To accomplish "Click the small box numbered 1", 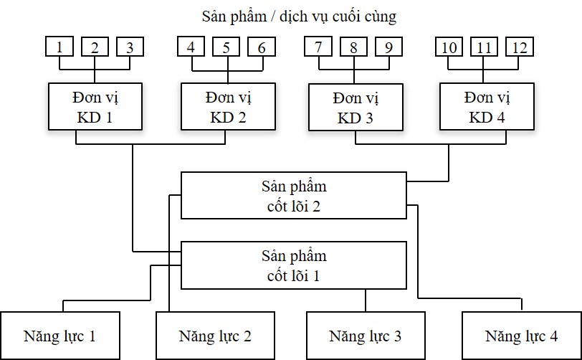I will coord(60,47).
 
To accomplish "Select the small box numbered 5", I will coord(226,47).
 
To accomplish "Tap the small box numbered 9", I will coord(388,47).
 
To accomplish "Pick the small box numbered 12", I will coord(519,47).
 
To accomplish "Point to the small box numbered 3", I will coord(130,47).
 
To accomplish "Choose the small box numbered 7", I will coord(318,47).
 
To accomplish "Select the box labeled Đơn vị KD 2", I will coord(227,106).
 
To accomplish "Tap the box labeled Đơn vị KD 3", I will coord(355,107).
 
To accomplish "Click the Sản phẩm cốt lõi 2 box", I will coord(293,195).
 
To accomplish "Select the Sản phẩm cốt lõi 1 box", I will coord(293,265).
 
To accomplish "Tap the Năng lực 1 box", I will coord(60,335).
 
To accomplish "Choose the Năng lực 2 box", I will coord(216,335).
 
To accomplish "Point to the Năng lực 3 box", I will coord(365,335).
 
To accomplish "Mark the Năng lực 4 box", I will coord(521,335).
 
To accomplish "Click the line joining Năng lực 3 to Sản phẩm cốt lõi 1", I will coord(365,300).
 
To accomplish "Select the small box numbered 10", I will coord(450,47).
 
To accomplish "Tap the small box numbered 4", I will coord(191,47).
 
